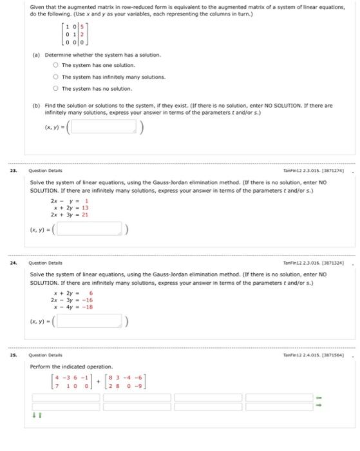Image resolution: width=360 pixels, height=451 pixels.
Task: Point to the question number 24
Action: coord(14,263)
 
